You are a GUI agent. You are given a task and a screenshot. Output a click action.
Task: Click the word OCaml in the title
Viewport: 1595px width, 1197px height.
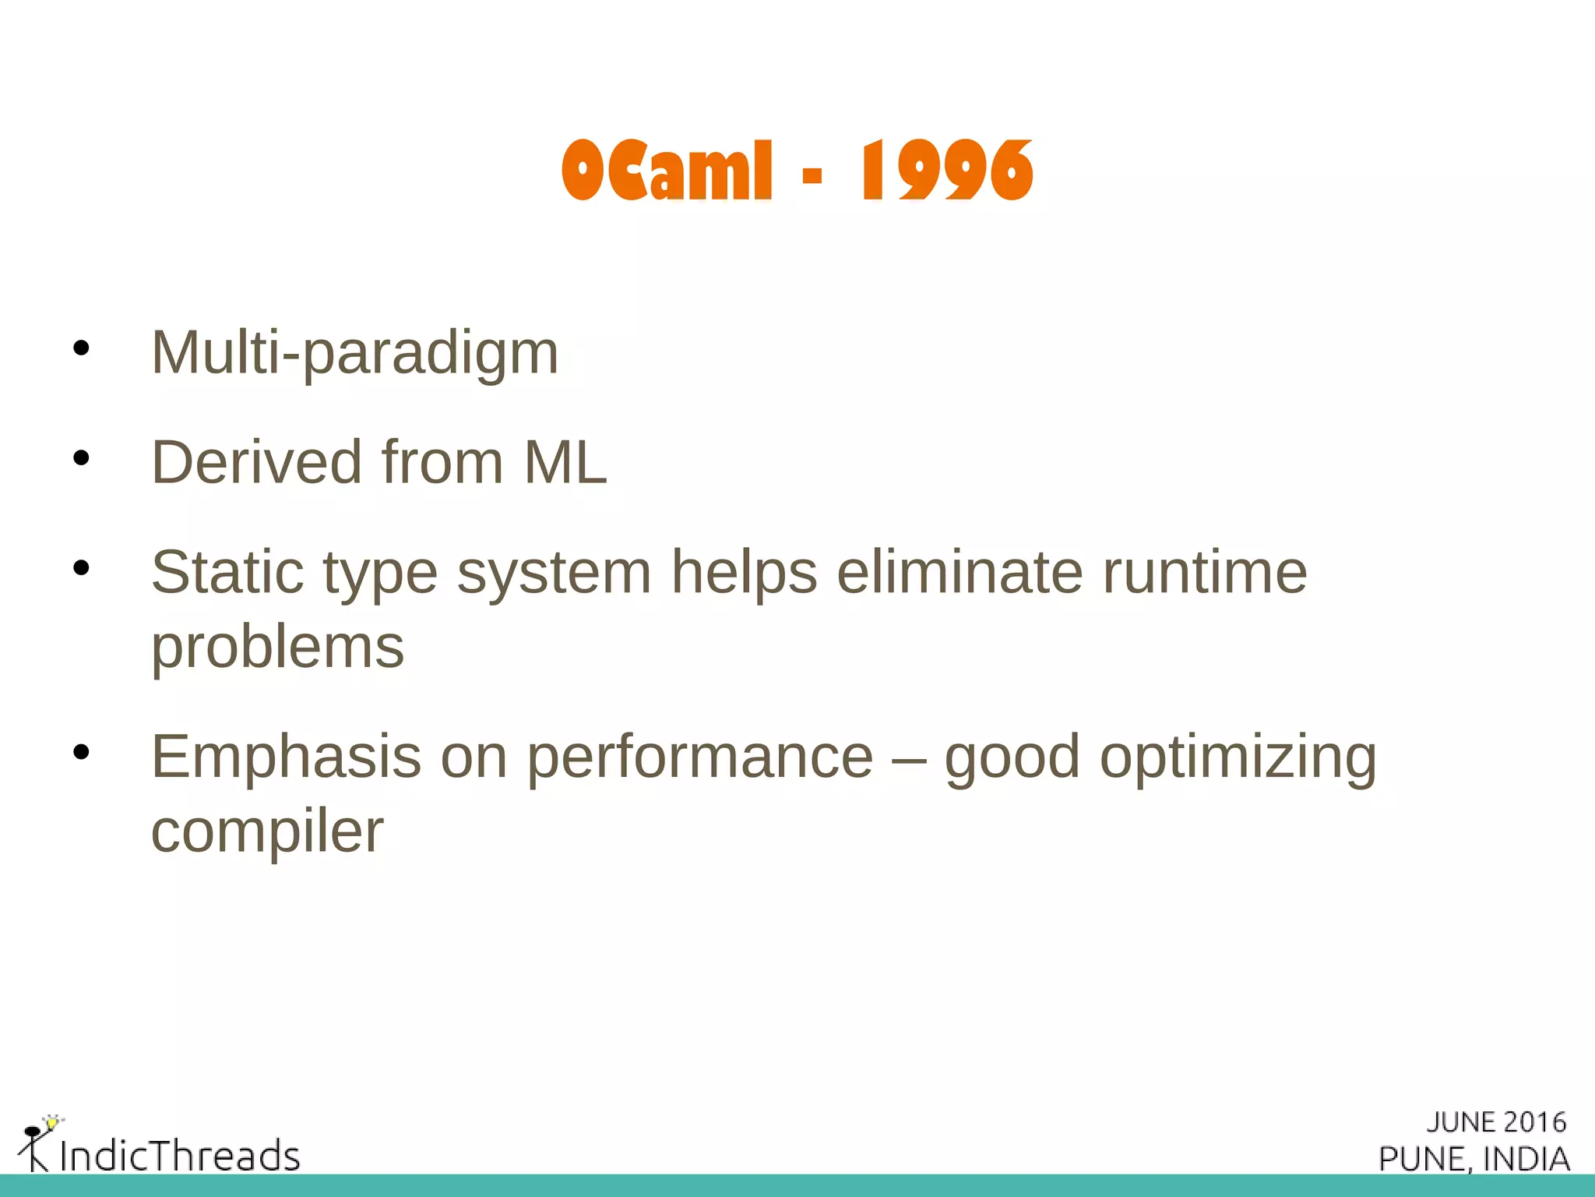[x=667, y=171]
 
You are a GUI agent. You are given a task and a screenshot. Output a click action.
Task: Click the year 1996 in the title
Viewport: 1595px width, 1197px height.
[x=946, y=171]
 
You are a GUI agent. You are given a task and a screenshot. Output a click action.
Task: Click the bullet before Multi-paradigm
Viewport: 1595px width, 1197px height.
[x=81, y=348]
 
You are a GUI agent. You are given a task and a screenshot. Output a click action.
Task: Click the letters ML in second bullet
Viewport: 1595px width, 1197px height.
[x=565, y=463]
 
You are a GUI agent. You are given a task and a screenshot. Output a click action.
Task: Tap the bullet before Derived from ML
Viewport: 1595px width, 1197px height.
[x=81, y=458]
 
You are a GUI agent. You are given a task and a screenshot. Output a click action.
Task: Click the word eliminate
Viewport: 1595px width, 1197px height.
[x=959, y=573]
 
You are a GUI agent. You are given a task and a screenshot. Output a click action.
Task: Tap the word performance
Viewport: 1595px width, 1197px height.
[x=700, y=757]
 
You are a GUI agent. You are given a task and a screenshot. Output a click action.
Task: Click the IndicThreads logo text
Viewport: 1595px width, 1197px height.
[x=180, y=1155]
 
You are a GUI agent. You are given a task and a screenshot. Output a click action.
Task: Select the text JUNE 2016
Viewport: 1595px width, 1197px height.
[x=1495, y=1122]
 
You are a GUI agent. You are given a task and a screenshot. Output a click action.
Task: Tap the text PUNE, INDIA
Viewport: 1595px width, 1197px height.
[x=1474, y=1159]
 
